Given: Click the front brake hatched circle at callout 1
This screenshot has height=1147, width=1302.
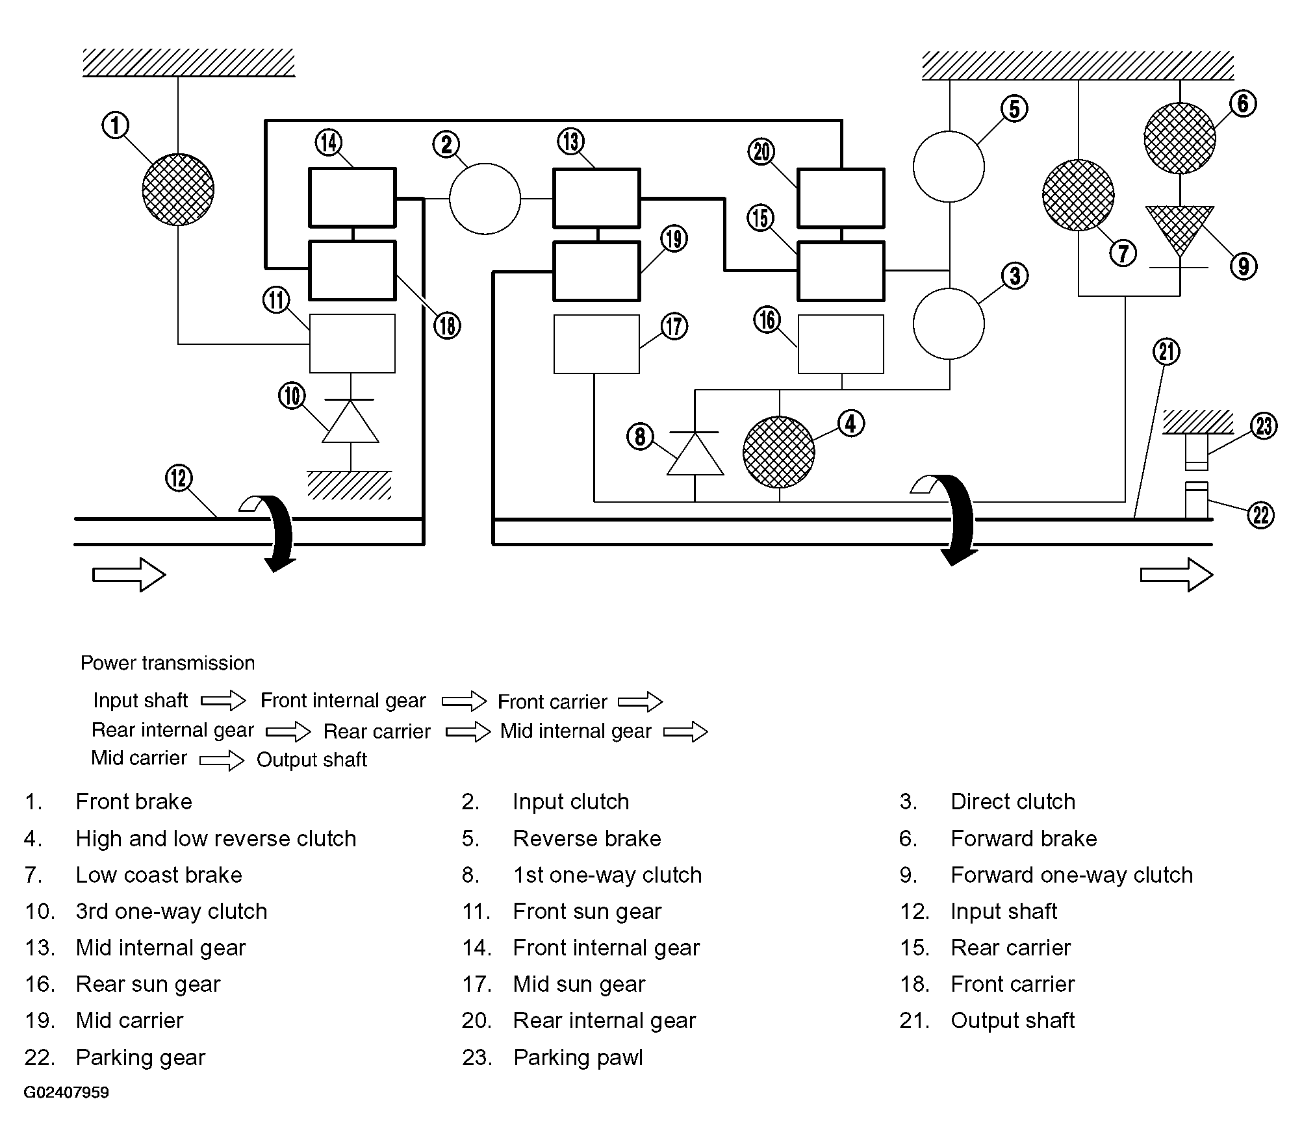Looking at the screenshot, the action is coord(178,190).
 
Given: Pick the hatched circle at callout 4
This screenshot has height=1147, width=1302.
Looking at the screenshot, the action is coord(778,452).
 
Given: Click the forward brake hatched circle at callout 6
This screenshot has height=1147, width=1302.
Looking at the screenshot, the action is coord(1179,138).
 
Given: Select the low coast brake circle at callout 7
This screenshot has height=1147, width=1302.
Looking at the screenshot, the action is coord(1078,195).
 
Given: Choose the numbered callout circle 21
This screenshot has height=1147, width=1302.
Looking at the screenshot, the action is coord(1166,352).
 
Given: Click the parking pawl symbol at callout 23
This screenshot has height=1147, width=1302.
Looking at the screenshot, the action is coord(1197,451).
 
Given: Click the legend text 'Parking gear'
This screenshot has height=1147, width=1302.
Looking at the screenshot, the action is coord(140,1058).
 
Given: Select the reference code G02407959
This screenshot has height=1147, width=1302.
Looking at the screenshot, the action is coord(66,1092).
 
